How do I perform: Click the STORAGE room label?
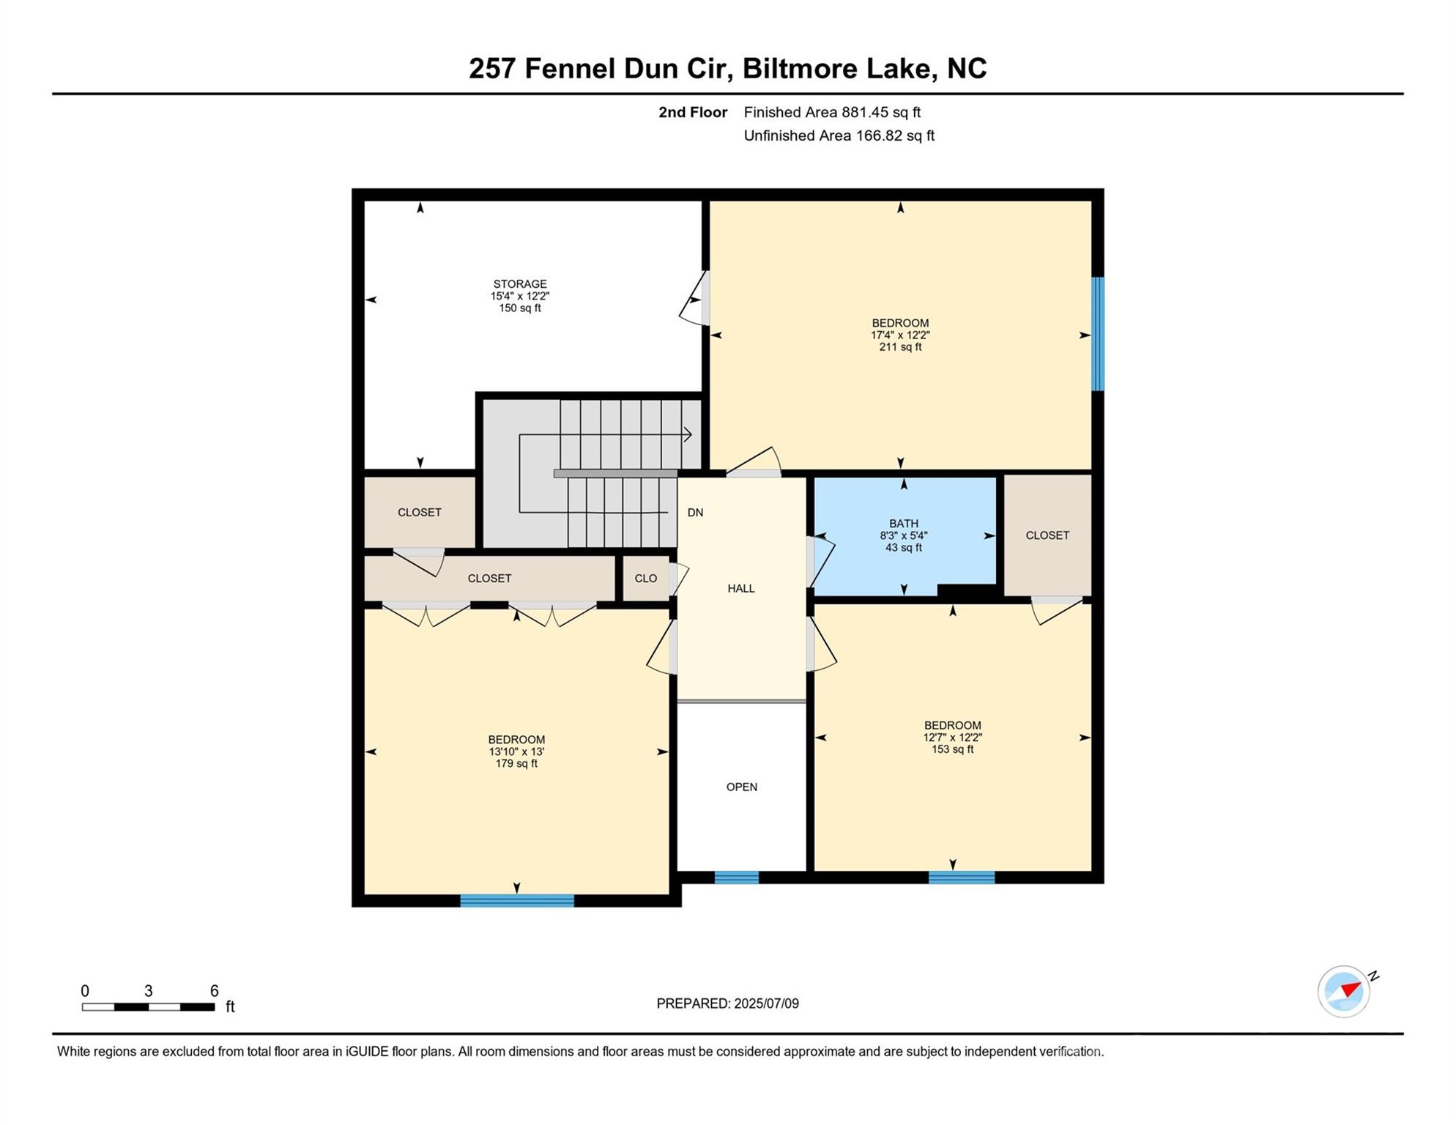coord(520,284)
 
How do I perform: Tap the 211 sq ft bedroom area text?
coord(900,347)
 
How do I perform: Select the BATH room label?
coord(904,524)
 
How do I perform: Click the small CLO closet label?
coord(646,579)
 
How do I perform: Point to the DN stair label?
coord(695,513)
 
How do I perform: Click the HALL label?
coord(741,589)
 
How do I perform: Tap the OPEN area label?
coord(742,787)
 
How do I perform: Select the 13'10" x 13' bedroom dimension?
coord(516,752)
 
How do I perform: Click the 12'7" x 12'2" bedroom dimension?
coord(952,738)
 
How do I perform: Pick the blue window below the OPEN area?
coord(737,877)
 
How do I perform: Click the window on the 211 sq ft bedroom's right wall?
coord(1098,334)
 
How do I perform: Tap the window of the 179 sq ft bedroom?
coord(517,901)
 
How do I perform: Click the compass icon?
coord(1345,992)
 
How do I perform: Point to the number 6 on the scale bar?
coord(215,991)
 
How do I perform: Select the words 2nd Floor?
coord(693,113)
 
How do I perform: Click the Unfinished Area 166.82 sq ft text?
coord(839,136)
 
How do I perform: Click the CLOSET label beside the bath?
coord(1047,536)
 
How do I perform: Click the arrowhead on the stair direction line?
coord(688,435)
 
